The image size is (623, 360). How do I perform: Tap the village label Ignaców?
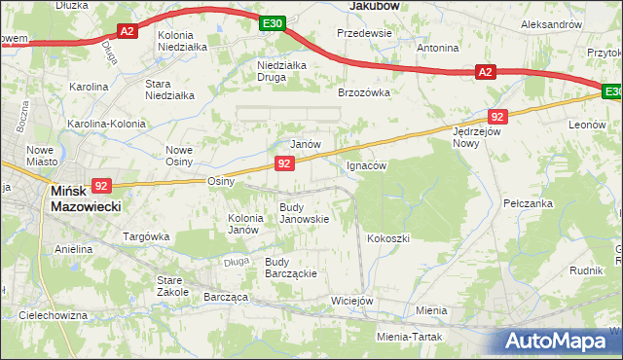(x=367, y=165)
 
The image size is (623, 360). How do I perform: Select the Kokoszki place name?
(x=388, y=238)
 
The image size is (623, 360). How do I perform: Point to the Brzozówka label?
(x=363, y=92)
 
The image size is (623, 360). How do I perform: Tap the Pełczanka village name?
(x=528, y=203)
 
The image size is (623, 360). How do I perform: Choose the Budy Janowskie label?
(x=304, y=213)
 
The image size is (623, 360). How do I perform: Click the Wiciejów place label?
(x=352, y=301)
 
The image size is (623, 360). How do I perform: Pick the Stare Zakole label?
(x=172, y=285)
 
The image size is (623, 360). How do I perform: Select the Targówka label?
(x=147, y=236)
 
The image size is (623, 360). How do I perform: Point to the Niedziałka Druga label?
(x=282, y=71)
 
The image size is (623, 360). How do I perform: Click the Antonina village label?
(x=437, y=48)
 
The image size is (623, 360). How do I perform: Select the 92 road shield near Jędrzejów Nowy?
(x=497, y=117)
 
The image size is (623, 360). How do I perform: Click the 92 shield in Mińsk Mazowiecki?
(x=102, y=185)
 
